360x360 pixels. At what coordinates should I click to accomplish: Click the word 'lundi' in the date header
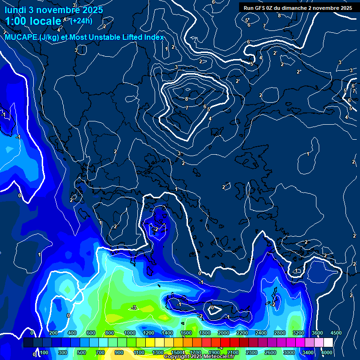tap(15, 10)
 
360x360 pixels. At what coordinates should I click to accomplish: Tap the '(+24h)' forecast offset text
tap(81, 21)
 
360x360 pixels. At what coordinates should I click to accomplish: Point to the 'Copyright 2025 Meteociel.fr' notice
tap(203, 357)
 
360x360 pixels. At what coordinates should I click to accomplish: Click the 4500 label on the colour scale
tap(336, 333)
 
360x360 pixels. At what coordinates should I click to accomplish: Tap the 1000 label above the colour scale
tap(130, 333)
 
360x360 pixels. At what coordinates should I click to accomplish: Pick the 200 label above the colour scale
tap(53, 333)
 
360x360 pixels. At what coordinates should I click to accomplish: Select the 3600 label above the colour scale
tap(317, 333)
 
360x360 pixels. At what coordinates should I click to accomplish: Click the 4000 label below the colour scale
tap(327, 352)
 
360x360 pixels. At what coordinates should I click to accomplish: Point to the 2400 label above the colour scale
tap(261, 333)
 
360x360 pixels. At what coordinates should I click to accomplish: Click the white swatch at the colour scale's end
tap(328, 343)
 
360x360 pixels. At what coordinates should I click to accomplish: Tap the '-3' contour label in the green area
tap(134, 307)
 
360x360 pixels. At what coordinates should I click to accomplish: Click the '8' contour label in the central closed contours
tap(187, 99)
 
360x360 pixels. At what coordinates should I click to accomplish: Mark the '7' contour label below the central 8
tap(187, 108)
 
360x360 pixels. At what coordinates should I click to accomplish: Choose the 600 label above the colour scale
tap(91, 333)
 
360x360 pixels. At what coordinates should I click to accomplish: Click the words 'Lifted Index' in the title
tap(144, 37)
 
